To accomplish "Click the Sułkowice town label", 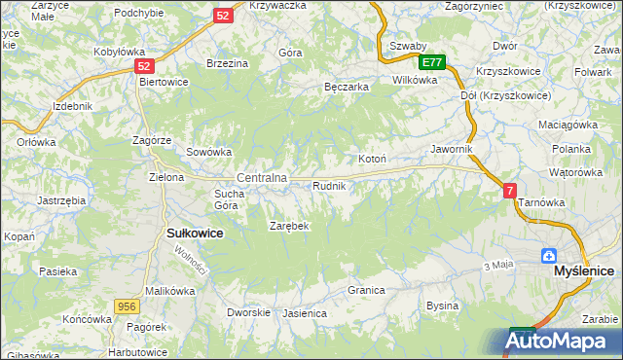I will click(x=196, y=234).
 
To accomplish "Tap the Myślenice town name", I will click(x=583, y=274).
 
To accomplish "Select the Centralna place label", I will click(x=262, y=178).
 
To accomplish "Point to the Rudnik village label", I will click(x=328, y=185).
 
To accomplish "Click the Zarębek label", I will click(x=288, y=226).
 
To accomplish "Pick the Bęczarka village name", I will click(x=346, y=87).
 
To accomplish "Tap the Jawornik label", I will click(x=451, y=149).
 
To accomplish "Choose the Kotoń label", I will click(x=373, y=160).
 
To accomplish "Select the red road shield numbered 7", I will click(x=510, y=192).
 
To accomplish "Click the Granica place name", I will click(x=367, y=290).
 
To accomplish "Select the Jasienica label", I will click(x=304, y=314).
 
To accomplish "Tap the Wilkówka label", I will click(x=415, y=80).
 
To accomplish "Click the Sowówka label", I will click(x=208, y=152).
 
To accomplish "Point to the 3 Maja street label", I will click(x=497, y=266).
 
